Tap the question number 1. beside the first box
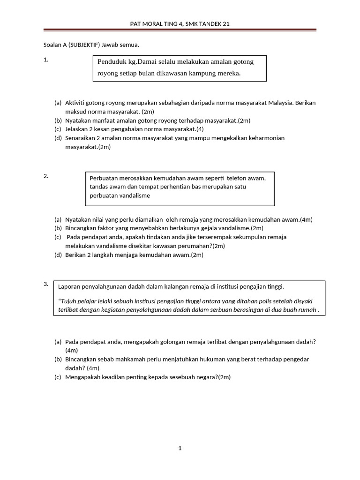tap(46, 60)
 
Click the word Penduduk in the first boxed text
tap(112, 62)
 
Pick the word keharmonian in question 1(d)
tap(264, 138)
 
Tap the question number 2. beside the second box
tap(46, 176)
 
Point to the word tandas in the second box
tap(98, 187)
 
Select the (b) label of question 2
tap(58, 228)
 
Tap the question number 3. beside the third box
tap(46, 284)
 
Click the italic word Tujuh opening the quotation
tap(68, 301)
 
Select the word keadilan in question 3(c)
tap(111, 377)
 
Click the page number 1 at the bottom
tap(180, 449)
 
